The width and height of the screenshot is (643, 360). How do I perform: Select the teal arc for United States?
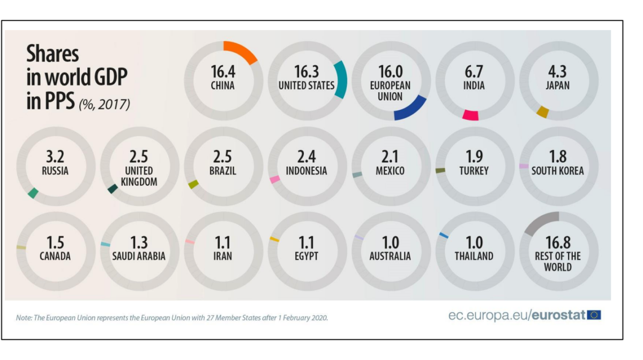coord(341,80)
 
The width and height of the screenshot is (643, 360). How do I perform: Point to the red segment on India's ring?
coord(470,115)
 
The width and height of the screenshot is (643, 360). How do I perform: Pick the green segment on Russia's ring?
coord(33,193)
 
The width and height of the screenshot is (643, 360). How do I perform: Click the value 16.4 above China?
coord(223,72)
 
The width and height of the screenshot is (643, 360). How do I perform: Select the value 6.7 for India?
coord(474,72)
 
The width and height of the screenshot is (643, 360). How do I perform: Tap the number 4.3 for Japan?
coord(558,72)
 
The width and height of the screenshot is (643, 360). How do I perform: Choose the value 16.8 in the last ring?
coord(558,242)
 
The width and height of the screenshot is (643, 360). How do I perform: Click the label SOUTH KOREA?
coord(558,171)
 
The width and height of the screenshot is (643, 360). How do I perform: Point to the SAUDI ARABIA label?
coord(139,256)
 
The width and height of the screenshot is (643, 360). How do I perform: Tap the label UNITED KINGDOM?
coord(139,176)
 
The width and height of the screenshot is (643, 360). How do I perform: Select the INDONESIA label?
coord(306,171)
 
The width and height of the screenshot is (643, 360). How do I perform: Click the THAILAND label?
coord(474,256)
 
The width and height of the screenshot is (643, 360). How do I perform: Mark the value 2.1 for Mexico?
coord(390,157)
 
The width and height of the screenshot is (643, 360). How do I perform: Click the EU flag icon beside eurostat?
coord(594,315)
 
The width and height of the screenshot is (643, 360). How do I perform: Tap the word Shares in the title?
coord(53,54)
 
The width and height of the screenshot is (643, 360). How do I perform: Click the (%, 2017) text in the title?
coord(104,104)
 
